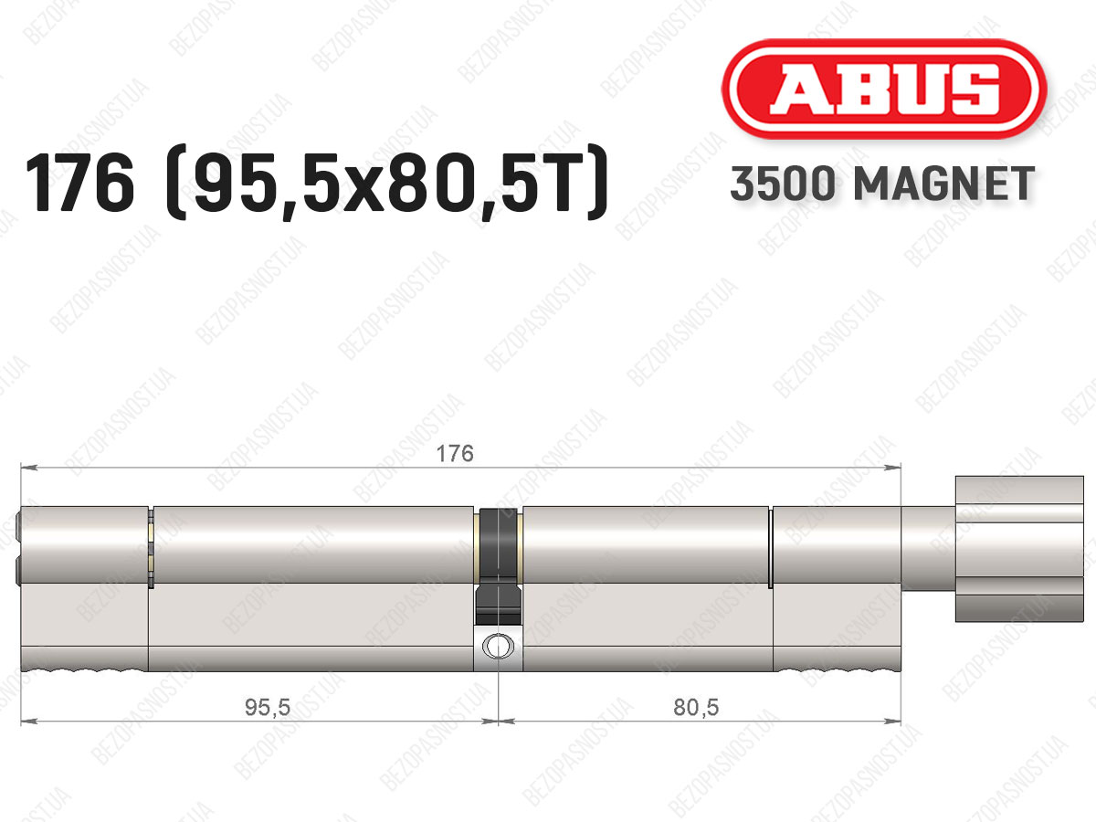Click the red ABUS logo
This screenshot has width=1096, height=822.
coord(884,89)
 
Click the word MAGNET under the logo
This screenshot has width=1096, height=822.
coord(944,184)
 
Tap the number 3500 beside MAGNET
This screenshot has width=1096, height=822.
coord(783,184)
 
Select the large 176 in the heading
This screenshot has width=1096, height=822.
coord(79,183)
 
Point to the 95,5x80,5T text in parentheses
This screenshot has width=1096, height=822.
coord(387,183)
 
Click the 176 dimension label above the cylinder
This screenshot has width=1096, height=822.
coord(454,454)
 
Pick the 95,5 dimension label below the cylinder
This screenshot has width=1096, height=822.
coord(267,707)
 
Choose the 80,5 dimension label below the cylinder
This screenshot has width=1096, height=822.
coord(696,707)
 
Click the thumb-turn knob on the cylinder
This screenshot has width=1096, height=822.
coord(1019,549)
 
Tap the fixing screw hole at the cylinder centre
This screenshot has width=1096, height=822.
coord(498,647)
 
